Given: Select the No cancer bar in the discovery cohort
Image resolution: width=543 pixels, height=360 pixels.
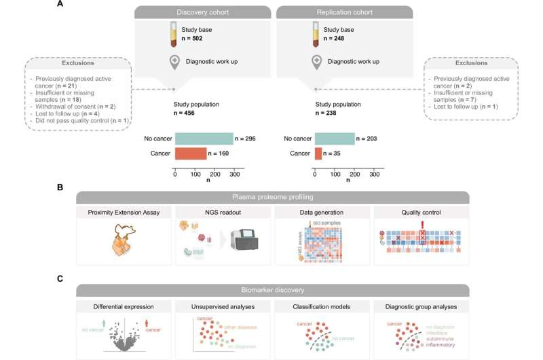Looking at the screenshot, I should [204, 139].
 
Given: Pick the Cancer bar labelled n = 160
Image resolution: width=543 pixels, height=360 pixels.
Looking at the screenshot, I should [191, 154].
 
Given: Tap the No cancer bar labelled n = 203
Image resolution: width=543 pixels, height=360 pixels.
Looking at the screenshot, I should [335, 139].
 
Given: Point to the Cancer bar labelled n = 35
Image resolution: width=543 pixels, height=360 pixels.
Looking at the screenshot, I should [318, 154].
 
